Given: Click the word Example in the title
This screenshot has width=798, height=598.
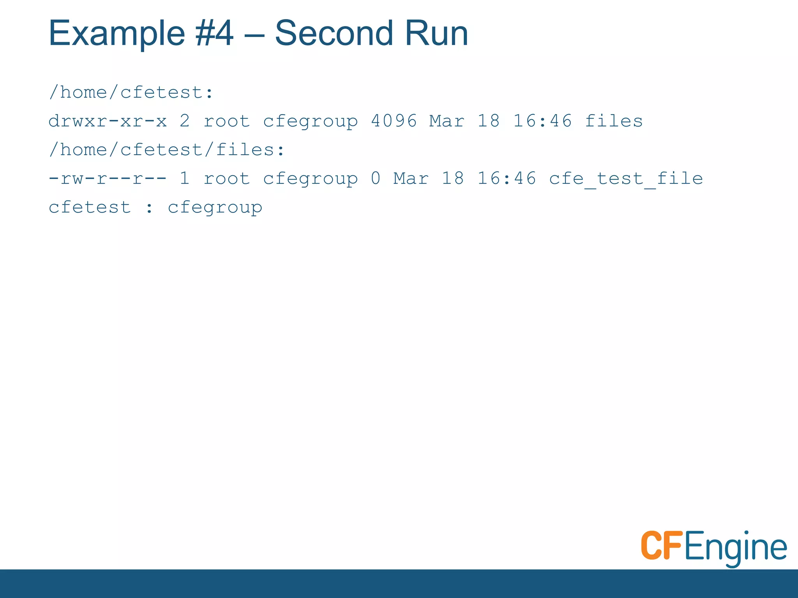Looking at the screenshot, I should pos(116,34).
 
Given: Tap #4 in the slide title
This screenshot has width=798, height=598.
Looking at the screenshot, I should pos(215,33).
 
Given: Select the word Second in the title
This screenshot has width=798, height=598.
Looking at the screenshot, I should pos(334,33).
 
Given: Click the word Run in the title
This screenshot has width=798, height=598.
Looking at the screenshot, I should pos(436,33).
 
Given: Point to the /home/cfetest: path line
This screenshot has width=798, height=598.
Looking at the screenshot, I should pos(131,93).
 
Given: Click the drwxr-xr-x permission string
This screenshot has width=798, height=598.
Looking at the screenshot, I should pos(108,121).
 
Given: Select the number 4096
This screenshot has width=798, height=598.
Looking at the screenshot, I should pos(394,121).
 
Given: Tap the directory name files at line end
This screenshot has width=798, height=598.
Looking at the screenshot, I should pos(614,121).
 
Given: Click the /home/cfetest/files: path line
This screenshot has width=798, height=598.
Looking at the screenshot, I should pos(167,150).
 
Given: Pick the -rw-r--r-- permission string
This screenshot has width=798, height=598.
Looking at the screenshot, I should pos(108,179).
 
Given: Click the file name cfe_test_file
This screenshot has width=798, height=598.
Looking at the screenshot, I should pos(626,179).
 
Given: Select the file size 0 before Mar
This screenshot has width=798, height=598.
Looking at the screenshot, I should pos(376,179).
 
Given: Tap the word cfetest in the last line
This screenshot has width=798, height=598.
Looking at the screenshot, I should pos(90,208).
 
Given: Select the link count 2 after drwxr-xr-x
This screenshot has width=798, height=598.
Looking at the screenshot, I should pos(185,121).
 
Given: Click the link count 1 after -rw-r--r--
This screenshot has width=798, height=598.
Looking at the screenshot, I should pos(185,179).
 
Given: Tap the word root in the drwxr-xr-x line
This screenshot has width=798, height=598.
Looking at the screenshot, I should pos(227,121).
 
